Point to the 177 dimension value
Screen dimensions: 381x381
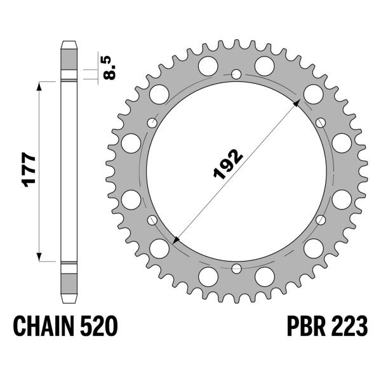point(29,170)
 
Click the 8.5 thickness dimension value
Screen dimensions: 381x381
point(109,67)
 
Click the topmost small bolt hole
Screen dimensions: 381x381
point(236,75)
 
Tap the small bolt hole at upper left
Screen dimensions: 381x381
point(152,123)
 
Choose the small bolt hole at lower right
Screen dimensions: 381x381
point(319,220)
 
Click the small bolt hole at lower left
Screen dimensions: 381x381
point(152,220)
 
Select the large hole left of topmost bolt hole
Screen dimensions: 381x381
point(207,65)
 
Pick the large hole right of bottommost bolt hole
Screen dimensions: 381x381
point(264,276)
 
